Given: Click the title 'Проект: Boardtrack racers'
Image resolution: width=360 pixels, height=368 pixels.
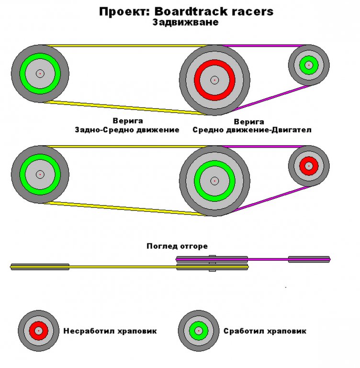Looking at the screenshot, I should coord(186,11).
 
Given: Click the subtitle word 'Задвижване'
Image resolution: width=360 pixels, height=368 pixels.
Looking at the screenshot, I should coord(186,22).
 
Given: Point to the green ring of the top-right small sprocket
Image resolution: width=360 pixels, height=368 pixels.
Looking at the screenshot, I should coord(309,59).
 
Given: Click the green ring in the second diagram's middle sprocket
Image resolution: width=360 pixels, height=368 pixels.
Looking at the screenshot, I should coord(214,166).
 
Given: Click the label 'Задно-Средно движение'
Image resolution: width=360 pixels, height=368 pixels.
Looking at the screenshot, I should coord(127,130).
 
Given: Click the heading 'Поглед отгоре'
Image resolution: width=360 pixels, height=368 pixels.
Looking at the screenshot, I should coord(177,246).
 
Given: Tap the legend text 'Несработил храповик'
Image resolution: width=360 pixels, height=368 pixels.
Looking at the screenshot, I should coord(110,331).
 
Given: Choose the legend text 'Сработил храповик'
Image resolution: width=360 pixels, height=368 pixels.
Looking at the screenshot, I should coord(265,331).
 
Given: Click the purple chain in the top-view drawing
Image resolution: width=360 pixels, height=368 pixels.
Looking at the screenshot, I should coord(268,259).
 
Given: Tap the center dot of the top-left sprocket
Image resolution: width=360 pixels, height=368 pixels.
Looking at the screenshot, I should coord(40,73).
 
